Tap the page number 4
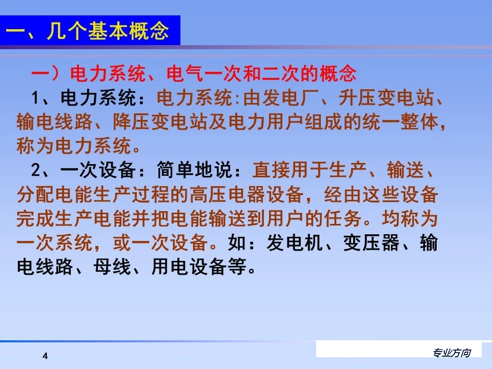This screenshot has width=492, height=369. point(45,356)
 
